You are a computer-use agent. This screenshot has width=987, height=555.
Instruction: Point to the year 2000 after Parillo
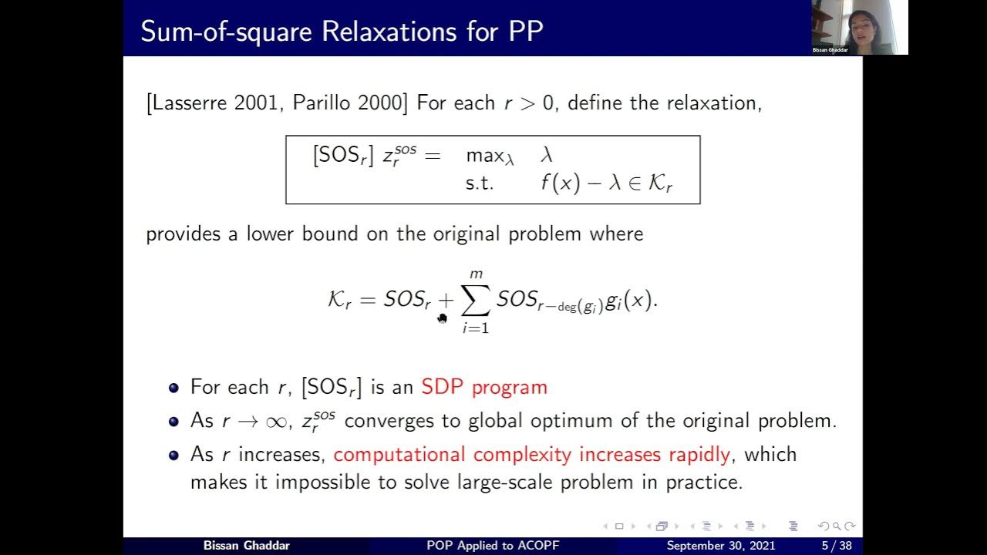(378, 103)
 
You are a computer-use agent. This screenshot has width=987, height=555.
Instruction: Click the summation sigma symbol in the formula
(475, 301)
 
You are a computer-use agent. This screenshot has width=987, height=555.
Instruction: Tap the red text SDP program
(484, 387)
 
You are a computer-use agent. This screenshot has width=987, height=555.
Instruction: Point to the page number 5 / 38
(835, 546)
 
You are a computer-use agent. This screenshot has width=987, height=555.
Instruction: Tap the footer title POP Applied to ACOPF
(493, 546)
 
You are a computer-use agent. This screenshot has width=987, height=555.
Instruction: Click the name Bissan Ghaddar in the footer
(246, 546)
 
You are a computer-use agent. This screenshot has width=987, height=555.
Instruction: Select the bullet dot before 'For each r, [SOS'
(174, 388)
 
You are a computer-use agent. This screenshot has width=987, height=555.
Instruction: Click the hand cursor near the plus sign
(442, 318)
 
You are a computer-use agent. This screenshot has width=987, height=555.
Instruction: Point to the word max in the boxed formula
(485, 155)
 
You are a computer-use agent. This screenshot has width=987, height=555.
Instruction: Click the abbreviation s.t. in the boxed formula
(479, 183)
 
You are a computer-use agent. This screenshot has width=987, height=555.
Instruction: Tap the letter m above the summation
(476, 274)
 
